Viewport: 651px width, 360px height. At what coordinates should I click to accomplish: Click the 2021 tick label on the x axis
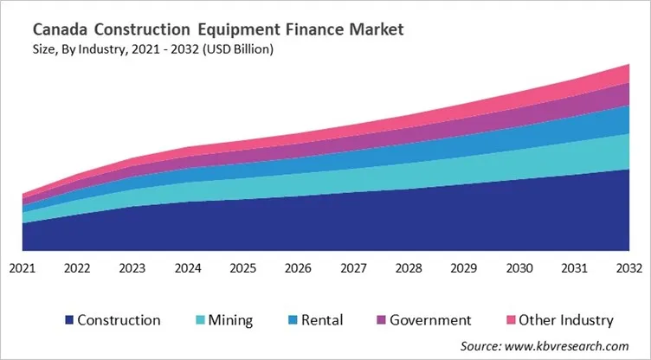(x=23, y=268)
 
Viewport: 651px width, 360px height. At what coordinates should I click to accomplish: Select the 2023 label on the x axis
(x=132, y=268)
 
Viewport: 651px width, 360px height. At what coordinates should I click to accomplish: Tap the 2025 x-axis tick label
(x=242, y=268)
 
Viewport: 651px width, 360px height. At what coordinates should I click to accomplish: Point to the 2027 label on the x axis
(x=353, y=268)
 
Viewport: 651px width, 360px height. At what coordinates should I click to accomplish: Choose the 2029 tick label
(x=463, y=268)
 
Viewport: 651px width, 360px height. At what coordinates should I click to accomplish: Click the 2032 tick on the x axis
(x=628, y=268)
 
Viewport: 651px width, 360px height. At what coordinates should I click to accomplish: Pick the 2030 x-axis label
(x=519, y=268)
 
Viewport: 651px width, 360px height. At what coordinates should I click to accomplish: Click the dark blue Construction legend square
(x=68, y=321)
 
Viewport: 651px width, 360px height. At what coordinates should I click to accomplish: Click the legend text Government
(x=430, y=320)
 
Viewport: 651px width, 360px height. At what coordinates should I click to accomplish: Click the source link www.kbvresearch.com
(x=567, y=344)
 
